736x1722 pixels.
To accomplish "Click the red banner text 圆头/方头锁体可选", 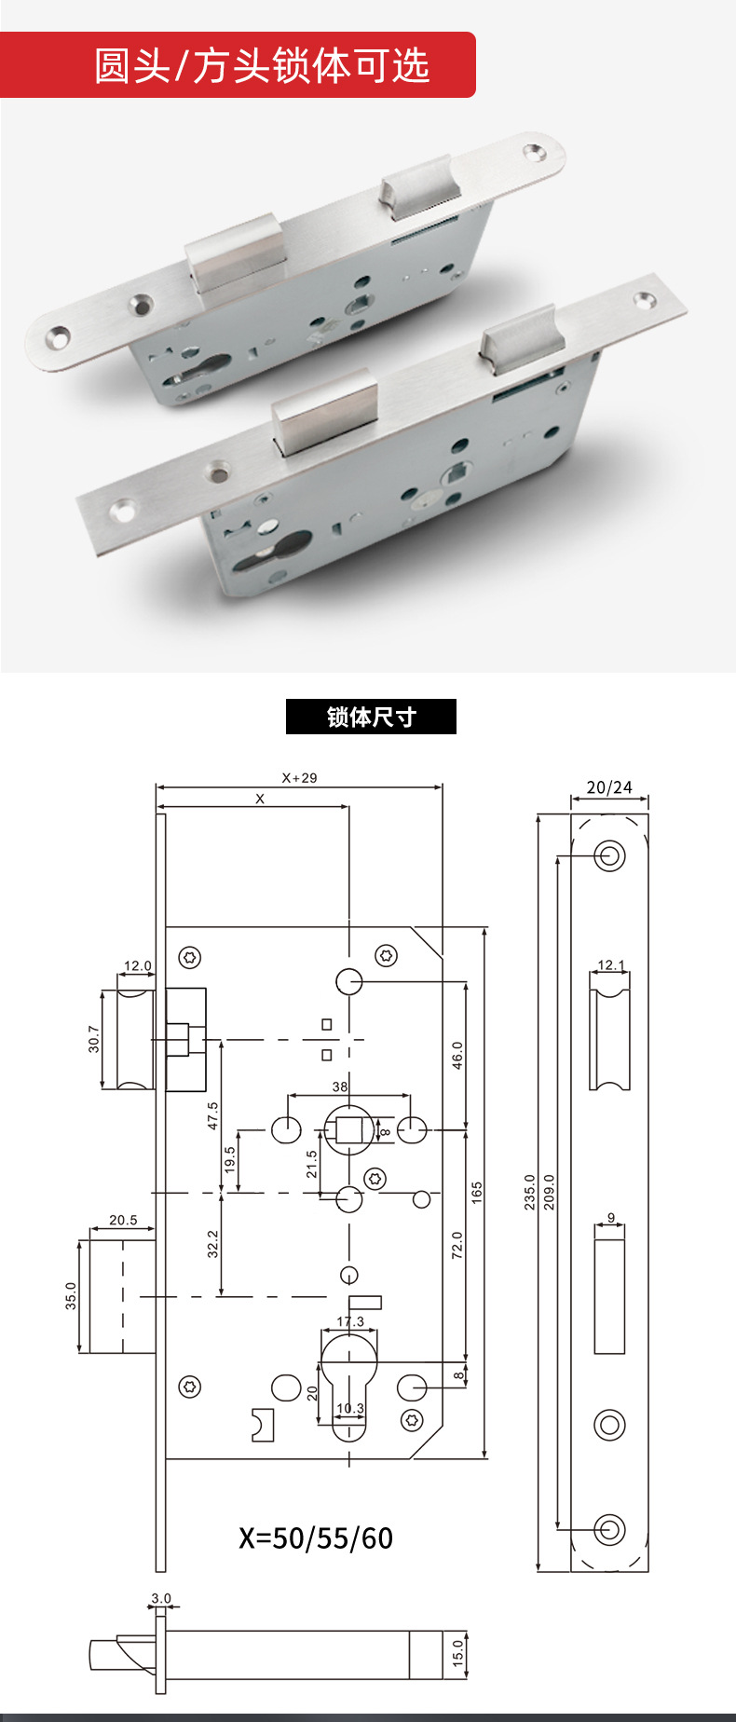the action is coord(262,65).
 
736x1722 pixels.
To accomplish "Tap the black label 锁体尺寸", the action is coord(371,717).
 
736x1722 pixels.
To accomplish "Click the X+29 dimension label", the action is coord(299,777).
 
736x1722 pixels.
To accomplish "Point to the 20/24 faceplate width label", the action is coord(609,787).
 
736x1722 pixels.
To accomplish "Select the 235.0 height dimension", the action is coord(529,1192).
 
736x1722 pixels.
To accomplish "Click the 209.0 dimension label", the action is coord(549,1192).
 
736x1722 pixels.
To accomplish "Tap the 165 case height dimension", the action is coord(476,1192).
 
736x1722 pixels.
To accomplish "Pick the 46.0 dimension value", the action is coord(457,1055).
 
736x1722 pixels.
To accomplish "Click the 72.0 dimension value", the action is coord(457,1246).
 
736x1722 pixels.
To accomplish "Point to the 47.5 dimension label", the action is coord(212,1116).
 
